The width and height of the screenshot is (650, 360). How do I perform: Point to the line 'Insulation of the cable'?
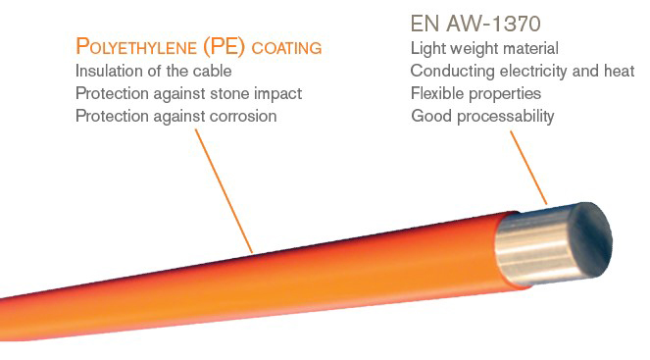pyautogui.click(x=153, y=71)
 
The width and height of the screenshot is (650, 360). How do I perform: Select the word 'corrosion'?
pyautogui.click(x=242, y=116)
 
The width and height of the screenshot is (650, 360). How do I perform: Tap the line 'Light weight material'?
pyautogui.click(x=484, y=48)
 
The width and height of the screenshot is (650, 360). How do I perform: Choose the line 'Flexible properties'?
pyautogui.click(x=476, y=93)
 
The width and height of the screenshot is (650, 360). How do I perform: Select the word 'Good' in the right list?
pyautogui.click(x=428, y=116)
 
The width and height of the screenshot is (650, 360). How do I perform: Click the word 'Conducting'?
pyautogui.click(x=448, y=71)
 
